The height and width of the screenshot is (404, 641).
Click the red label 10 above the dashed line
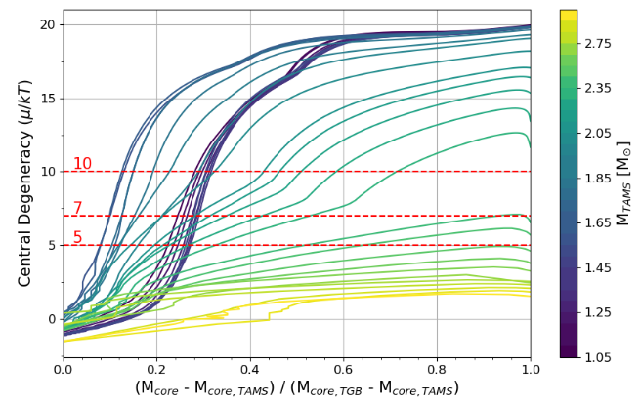82,163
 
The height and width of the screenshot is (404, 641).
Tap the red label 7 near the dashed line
77,208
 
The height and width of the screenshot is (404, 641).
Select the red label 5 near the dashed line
77,237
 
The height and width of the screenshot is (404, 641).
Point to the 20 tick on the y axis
47,24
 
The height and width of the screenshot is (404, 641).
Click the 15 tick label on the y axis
47,98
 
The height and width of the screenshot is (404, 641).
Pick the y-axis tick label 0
51,319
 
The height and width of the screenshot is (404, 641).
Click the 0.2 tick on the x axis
156,369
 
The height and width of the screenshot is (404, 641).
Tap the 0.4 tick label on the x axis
250,369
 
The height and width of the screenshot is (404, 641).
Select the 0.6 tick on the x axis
344,369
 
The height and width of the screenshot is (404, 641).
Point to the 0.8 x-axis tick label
437,369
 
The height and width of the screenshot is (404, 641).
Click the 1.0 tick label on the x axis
530,369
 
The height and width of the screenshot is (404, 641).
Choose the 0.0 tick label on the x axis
64,369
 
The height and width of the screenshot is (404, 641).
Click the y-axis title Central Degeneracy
24,183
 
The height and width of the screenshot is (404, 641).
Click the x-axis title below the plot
297,388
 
